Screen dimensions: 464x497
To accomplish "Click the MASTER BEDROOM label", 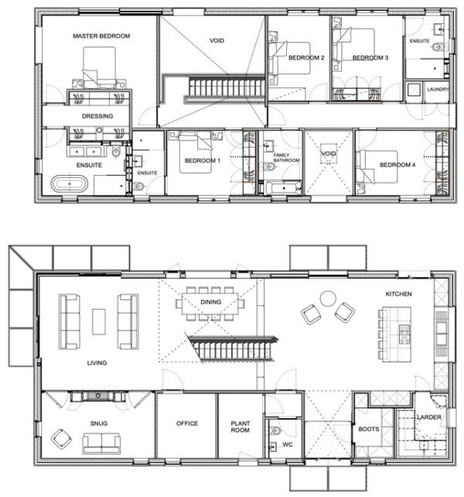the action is [x=101, y=36].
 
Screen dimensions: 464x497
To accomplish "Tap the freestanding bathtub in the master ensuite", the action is [x=70, y=183].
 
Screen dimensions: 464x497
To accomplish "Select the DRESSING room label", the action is [x=97, y=116].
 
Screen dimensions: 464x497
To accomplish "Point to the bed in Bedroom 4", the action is [x=377, y=167].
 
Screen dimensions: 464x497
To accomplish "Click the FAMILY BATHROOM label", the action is [x=286, y=157].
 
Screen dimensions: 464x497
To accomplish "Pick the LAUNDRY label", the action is [x=438, y=89].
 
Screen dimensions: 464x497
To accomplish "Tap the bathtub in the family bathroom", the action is [x=284, y=188].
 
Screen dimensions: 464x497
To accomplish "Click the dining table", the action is [x=210, y=303].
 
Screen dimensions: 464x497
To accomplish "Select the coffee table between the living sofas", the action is [x=99, y=322].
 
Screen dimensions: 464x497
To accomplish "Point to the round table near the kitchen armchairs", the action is [x=328, y=299].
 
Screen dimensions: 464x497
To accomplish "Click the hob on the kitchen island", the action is [x=404, y=334].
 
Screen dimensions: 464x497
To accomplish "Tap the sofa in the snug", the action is [x=101, y=443].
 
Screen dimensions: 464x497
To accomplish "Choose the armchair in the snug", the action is [x=61, y=439].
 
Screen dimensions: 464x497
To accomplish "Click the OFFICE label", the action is [x=187, y=423].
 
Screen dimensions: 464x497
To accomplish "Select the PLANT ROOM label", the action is [x=240, y=427].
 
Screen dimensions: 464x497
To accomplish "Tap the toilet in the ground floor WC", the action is [x=275, y=430].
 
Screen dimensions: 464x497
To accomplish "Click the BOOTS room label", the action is [x=369, y=429].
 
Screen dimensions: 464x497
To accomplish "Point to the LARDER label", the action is [x=429, y=417].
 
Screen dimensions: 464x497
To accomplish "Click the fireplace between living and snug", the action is [x=98, y=396].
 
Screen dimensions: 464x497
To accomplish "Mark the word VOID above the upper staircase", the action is [x=217, y=40].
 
